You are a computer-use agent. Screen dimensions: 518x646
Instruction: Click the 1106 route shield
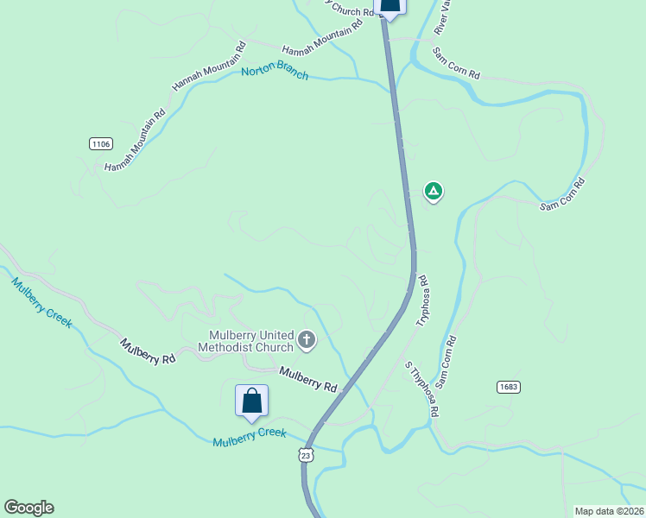click(101, 143)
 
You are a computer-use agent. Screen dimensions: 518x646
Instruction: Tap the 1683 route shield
click(509, 387)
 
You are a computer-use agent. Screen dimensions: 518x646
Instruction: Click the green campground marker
click(433, 191)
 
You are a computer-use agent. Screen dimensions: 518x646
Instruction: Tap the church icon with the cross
click(306, 341)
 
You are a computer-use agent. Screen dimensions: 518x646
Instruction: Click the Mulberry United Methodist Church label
click(246, 342)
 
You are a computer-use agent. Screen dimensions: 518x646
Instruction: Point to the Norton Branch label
click(275, 73)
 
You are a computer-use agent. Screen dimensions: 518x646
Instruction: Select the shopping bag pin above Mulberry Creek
click(251, 401)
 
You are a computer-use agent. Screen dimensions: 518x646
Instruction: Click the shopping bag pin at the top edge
click(390, 5)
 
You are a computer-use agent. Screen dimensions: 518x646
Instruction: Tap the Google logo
click(28, 508)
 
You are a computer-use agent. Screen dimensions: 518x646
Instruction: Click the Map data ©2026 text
click(609, 511)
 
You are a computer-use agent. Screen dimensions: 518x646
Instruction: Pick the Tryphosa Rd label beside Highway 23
click(423, 300)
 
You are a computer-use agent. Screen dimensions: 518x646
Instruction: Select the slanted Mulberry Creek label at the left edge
click(41, 302)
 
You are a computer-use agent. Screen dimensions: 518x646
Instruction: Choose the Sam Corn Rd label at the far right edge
click(562, 195)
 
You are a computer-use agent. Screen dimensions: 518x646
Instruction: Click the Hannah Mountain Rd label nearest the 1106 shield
click(135, 141)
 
